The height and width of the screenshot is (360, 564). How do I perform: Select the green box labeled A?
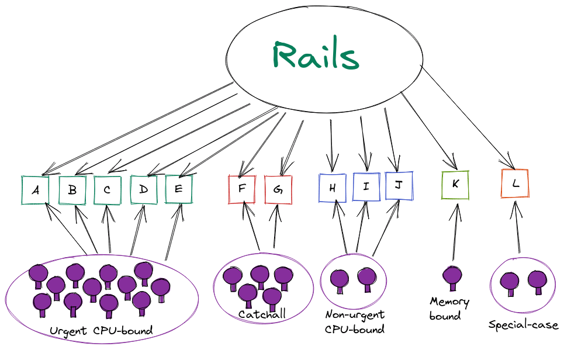point(36,190)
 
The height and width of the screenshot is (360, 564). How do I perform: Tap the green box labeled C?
point(108,190)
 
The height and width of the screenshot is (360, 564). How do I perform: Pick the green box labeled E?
point(178,189)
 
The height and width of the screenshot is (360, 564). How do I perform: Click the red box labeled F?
point(241,189)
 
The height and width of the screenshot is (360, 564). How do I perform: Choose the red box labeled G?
point(278,189)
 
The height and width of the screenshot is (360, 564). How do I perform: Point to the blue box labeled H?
point(333,188)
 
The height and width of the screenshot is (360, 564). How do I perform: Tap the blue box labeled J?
point(399,186)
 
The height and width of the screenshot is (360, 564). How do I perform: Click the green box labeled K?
point(455,184)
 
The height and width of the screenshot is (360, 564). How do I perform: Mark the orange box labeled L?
point(515,184)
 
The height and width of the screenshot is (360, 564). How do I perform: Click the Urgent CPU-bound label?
point(101,331)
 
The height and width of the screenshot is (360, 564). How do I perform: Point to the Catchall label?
point(262,314)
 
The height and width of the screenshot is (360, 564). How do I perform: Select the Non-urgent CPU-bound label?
point(355,322)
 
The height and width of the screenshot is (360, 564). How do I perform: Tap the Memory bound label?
point(449,308)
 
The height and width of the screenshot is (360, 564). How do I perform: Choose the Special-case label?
point(524,325)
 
